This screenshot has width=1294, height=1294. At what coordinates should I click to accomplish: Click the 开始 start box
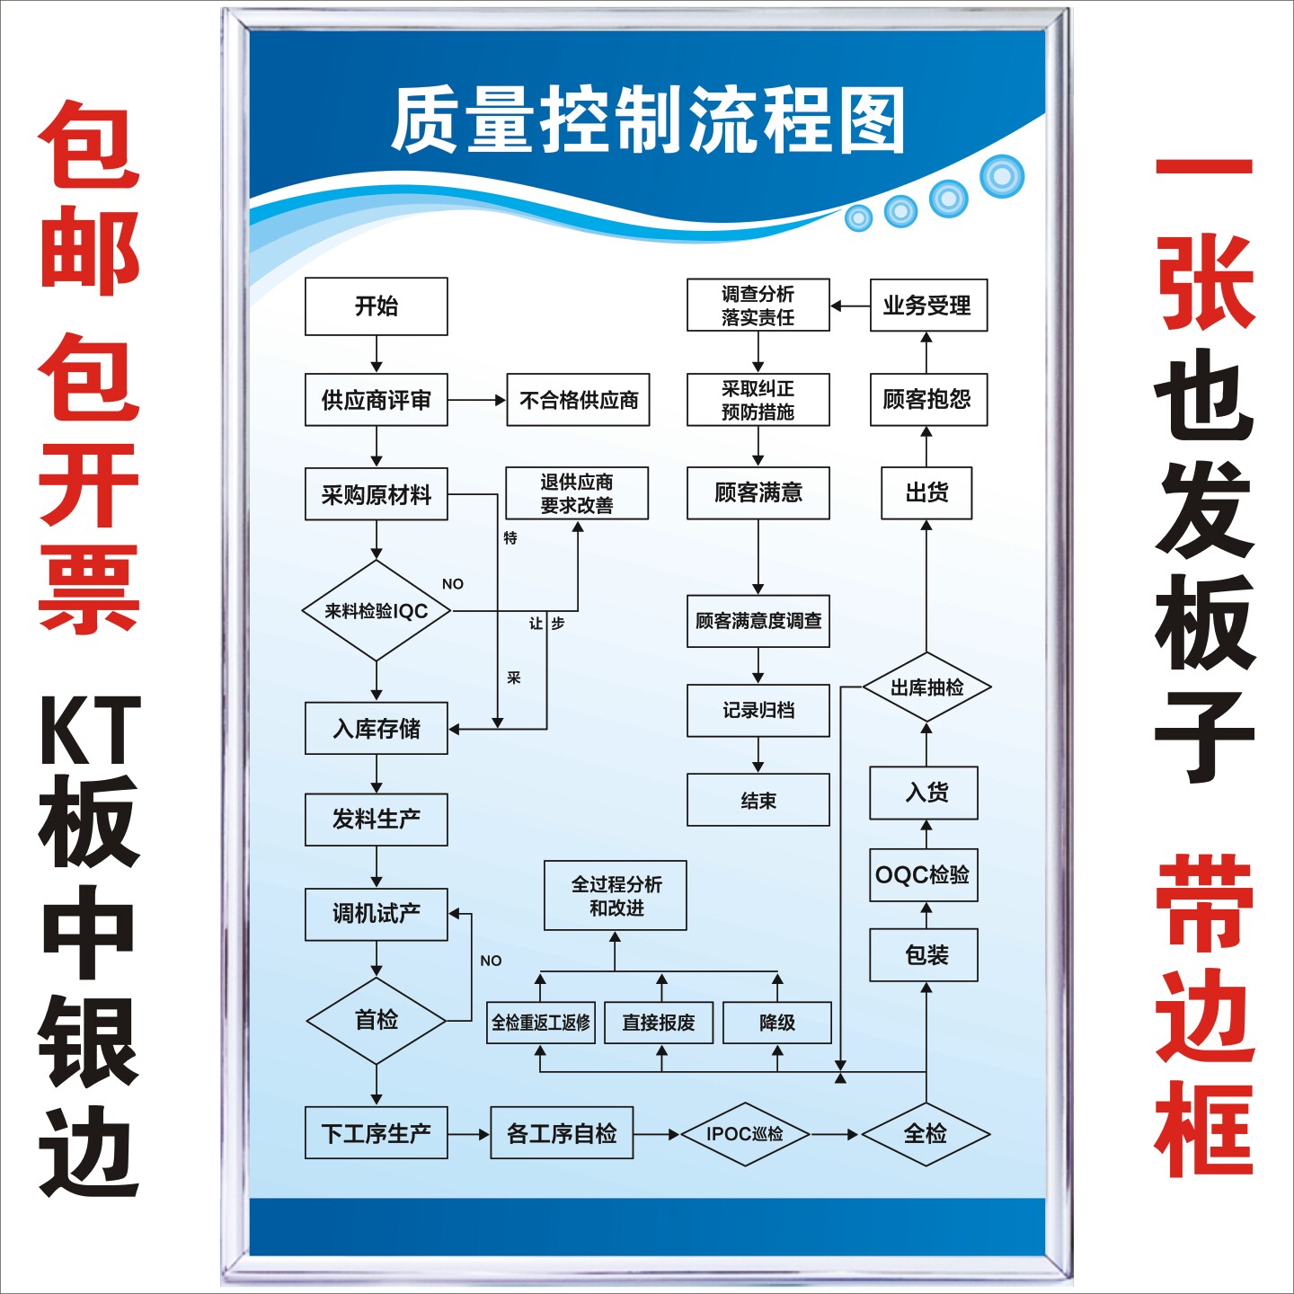tap(376, 306)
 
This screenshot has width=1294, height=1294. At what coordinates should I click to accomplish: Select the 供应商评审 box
tap(376, 400)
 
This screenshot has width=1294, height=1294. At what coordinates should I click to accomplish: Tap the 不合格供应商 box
tap(578, 400)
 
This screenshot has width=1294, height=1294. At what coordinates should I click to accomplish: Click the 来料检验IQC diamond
tap(376, 611)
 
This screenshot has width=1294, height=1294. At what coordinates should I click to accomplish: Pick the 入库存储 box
tap(376, 728)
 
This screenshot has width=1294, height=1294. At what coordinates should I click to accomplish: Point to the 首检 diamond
tap(376, 1020)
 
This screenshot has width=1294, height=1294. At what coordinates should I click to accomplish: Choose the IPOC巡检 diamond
tap(744, 1134)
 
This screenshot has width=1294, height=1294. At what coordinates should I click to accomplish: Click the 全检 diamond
tap(926, 1134)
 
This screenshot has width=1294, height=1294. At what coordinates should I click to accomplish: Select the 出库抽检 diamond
tap(926, 687)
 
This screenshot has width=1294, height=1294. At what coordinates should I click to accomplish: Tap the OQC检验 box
tap(923, 874)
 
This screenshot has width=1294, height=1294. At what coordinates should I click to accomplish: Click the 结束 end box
tap(758, 800)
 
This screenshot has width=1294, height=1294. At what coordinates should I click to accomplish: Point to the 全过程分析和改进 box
tap(616, 895)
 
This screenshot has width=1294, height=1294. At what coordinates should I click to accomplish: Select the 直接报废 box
tap(659, 1023)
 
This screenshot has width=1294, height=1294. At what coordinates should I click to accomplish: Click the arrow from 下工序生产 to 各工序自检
tap(468, 1134)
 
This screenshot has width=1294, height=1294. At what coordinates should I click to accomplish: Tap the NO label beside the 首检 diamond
tap(491, 961)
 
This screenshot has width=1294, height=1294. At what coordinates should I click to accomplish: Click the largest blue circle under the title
tap(1002, 176)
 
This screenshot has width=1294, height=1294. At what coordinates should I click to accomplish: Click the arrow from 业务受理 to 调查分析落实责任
tap(849, 306)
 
